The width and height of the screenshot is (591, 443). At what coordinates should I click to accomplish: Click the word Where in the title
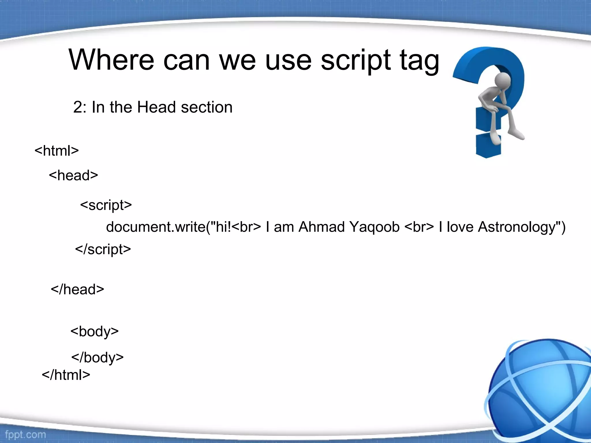(x=111, y=60)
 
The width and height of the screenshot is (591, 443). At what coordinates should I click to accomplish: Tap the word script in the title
(x=356, y=61)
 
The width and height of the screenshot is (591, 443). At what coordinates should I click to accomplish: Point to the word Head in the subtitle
(x=156, y=107)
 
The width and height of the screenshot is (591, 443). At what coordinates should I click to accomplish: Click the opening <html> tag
(x=57, y=151)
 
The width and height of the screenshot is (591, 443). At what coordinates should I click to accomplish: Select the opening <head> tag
(x=74, y=175)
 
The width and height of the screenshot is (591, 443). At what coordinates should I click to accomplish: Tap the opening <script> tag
(x=106, y=205)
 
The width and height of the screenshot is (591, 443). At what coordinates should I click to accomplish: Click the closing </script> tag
(x=103, y=249)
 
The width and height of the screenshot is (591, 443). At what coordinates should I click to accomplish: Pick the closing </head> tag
(x=77, y=289)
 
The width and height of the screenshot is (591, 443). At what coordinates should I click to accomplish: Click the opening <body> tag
(x=95, y=331)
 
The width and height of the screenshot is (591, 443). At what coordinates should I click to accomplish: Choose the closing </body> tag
(x=98, y=358)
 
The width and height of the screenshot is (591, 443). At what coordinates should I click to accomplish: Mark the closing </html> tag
(x=66, y=375)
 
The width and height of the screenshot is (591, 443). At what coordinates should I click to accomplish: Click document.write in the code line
(x=156, y=227)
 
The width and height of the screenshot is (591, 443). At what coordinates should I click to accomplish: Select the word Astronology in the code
(x=517, y=227)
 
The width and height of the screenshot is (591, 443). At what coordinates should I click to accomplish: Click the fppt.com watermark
(x=25, y=435)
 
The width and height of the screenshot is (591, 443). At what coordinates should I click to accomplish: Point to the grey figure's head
(x=502, y=80)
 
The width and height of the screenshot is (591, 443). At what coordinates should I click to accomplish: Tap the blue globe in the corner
(x=540, y=389)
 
